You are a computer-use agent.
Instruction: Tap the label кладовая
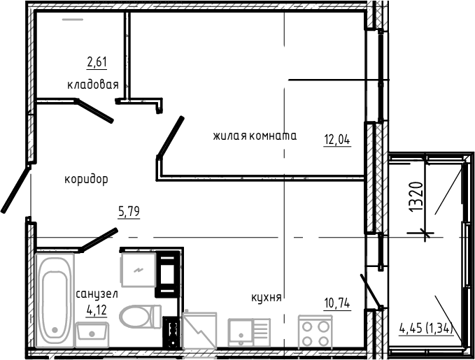(92, 85)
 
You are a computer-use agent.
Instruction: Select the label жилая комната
(255, 136)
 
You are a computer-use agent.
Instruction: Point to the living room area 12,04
(336, 138)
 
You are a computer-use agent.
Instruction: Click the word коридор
(86, 179)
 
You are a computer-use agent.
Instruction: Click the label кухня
(266, 298)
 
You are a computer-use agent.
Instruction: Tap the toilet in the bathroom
(139, 317)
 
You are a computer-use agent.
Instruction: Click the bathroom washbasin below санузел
(92, 331)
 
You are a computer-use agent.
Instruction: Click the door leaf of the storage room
(94, 110)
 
